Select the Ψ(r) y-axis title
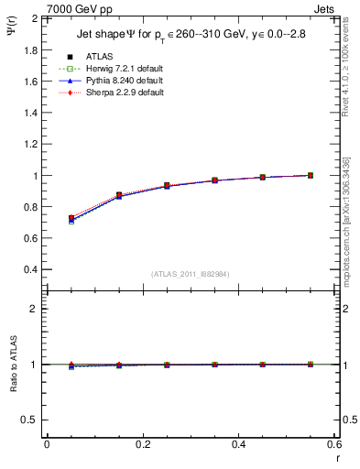19,30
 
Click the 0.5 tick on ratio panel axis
33,420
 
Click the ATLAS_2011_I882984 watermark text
190,274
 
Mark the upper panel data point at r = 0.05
71,219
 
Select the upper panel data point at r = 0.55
311,175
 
